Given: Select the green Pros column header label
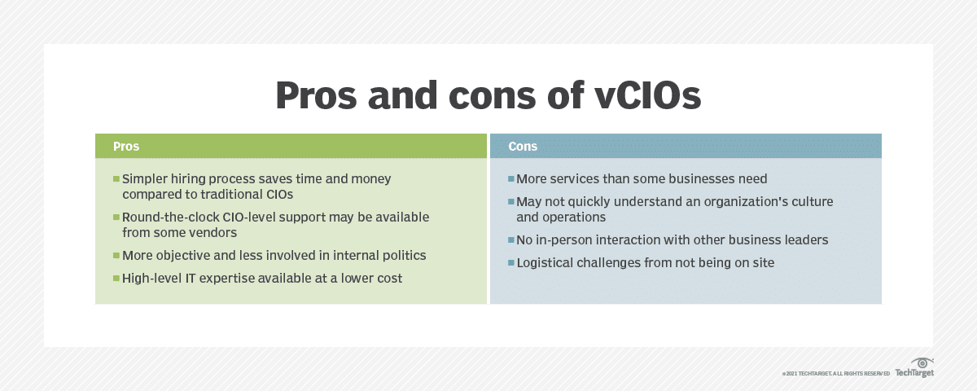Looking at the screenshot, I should click(126, 147).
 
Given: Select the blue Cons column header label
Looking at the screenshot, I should click(523, 147).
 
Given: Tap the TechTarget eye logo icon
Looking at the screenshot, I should click(922, 363).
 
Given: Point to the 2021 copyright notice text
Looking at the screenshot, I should click(835, 374).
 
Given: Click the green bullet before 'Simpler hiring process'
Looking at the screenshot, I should click(116, 178).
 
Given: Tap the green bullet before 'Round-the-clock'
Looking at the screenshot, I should click(116, 217).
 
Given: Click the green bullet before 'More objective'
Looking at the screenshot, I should click(116, 256).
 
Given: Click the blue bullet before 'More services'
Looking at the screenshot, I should click(510, 178).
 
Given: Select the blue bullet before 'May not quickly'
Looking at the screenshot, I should click(510, 201).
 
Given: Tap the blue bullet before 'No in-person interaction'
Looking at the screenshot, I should click(510, 240).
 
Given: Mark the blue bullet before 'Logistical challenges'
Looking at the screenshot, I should click(510, 263).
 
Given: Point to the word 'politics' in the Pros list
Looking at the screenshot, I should click(401, 256).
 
